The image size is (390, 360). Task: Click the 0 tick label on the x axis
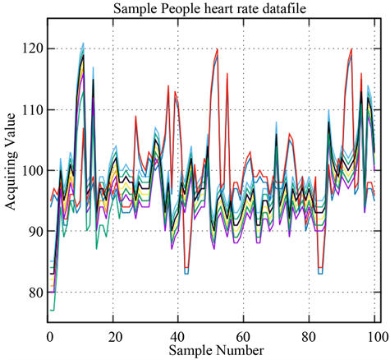(x=49, y=337)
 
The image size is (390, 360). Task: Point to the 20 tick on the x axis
(x=114, y=337)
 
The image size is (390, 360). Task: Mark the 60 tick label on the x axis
(x=245, y=337)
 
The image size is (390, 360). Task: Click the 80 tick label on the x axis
(x=310, y=337)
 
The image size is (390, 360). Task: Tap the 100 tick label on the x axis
(x=374, y=337)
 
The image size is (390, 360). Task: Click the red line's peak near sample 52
(x=217, y=49)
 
